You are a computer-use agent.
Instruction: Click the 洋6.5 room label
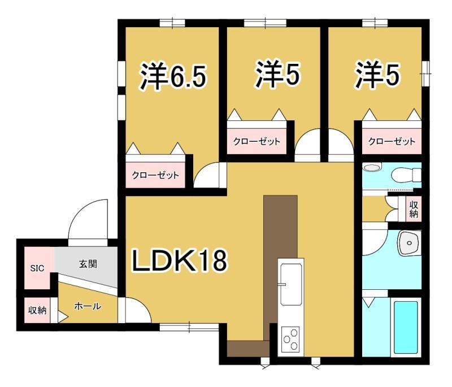coord(173,76)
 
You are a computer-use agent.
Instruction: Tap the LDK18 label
coord(180,260)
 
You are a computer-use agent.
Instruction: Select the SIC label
coord(37,268)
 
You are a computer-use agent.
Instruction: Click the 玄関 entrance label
coord(88,264)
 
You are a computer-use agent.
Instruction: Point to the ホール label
coord(88,306)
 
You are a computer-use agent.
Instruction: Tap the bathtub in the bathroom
coord(406,327)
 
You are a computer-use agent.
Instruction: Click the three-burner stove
coord(290,339)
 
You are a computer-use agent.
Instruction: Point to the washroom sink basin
coord(409,243)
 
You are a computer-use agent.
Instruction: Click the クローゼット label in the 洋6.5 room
coord(155,175)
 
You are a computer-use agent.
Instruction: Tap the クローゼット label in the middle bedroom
coord(257,141)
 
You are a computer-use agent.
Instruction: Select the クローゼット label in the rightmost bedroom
coord(392,141)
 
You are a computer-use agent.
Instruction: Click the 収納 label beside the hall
coord(37,310)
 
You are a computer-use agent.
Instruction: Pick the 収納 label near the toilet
coord(414,209)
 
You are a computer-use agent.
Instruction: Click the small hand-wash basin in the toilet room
coord(371,167)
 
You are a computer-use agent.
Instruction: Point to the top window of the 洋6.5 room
coord(172,23)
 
